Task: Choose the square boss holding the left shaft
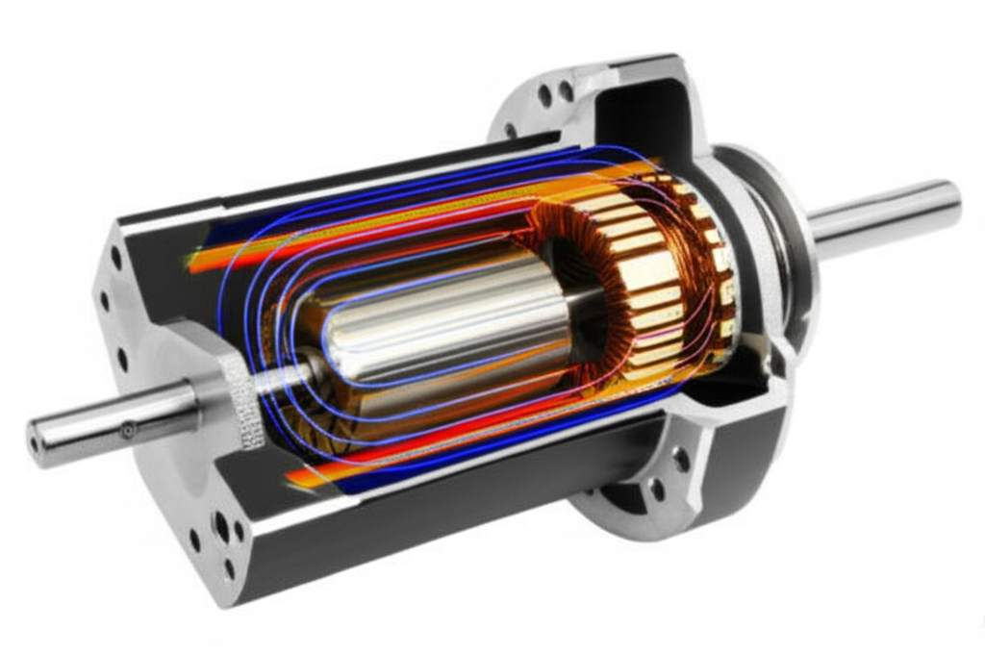tap(207, 385)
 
